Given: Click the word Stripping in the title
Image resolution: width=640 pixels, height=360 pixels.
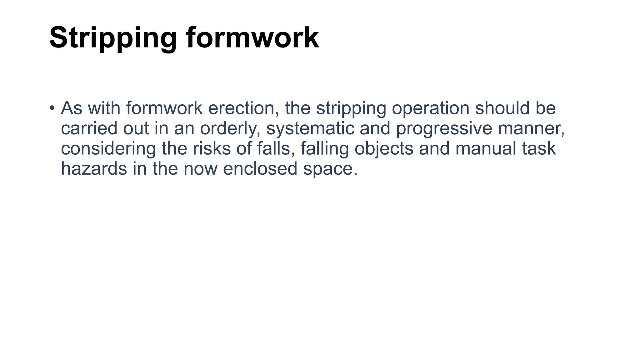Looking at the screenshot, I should click(x=113, y=38).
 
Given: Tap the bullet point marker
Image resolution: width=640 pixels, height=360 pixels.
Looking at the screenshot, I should click(x=52, y=108).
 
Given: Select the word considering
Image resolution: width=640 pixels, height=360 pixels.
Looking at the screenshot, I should click(x=108, y=149).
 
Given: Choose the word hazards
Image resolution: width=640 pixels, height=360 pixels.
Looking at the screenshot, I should click(x=94, y=169).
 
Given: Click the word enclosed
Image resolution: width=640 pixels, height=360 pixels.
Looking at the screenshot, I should click(x=260, y=169).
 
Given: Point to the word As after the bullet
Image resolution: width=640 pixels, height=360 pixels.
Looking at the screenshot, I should click(x=72, y=108).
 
